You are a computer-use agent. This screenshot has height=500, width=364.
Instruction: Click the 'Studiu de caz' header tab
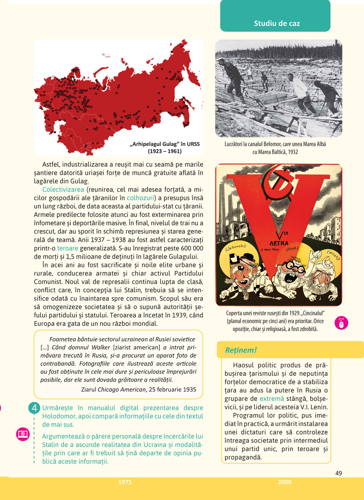277,23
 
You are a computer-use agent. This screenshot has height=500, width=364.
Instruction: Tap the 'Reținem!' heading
241,350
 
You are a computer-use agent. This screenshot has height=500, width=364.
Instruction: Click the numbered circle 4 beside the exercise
34,408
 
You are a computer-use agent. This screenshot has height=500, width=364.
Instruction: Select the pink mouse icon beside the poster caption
341,323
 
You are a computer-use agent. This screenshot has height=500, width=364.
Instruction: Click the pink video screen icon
23,434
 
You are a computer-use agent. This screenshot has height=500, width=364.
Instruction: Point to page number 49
339,473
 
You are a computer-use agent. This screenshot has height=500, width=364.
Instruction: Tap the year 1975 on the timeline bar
125,482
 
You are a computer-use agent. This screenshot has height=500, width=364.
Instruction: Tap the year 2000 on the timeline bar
284,482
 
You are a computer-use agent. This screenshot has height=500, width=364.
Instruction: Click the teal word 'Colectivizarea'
63,189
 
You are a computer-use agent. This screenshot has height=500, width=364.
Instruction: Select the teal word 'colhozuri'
141,198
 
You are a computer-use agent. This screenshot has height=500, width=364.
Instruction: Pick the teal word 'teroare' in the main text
68,248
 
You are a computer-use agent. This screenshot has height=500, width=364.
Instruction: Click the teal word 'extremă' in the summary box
272,399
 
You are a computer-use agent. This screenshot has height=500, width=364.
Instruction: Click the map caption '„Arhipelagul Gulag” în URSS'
165,144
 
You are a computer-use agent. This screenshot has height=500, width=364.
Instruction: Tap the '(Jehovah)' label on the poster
236,247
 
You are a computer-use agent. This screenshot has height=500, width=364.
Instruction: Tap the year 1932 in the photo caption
293,152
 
